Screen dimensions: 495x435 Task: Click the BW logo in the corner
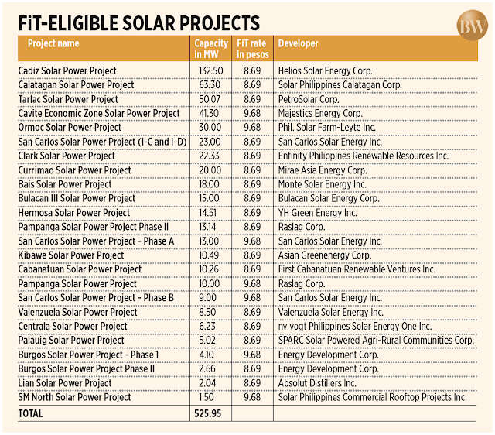(472, 26)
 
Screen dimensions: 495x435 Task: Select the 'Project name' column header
(53, 43)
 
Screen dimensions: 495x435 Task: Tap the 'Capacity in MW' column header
(211, 49)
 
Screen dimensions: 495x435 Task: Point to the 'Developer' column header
(298, 43)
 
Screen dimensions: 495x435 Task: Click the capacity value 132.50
(211, 70)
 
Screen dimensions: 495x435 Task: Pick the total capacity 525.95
(208, 413)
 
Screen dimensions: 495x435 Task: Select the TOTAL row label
(30, 413)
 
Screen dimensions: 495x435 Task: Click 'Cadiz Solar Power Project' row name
(67, 70)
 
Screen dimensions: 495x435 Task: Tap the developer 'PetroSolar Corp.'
(309, 99)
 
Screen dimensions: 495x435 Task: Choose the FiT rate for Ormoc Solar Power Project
(252, 127)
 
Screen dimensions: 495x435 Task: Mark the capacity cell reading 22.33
(209, 156)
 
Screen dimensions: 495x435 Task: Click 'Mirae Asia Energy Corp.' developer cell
(323, 170)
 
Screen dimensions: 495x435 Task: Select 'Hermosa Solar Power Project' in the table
(74, 213)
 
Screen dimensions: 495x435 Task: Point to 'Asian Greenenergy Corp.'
(325, 255)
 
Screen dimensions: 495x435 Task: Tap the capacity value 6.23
(207, 326)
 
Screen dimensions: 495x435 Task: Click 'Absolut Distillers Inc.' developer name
(317, 383)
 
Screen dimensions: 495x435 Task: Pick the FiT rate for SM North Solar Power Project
(252, 397)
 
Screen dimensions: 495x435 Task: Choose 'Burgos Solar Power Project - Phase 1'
(88, 355)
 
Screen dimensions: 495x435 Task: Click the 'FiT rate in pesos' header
(253, 49)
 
